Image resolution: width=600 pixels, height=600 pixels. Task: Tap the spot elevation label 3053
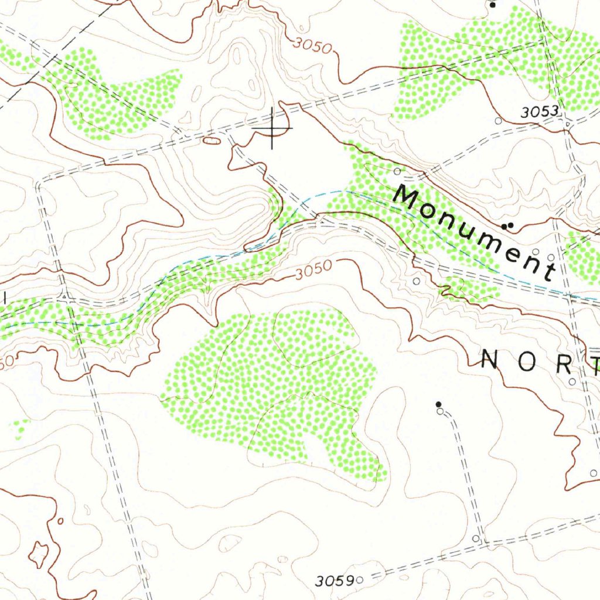(538, 112)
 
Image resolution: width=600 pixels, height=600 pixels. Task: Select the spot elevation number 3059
(334, 581)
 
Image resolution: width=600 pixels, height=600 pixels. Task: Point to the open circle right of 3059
(360, 580)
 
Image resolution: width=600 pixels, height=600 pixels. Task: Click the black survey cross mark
(272, 128)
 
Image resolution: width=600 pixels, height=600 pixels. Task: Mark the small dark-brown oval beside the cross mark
(212, 141)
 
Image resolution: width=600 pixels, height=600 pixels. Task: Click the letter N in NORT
(489, 360)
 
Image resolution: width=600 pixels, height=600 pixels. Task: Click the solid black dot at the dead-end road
(438, 404)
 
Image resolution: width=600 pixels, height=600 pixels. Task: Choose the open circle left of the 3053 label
(498, 121)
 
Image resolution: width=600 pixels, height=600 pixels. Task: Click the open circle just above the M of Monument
(397, 171)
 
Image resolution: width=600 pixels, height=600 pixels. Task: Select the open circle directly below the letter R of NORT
(572, 381)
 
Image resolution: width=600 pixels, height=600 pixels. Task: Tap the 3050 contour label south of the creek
(313, 271)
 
